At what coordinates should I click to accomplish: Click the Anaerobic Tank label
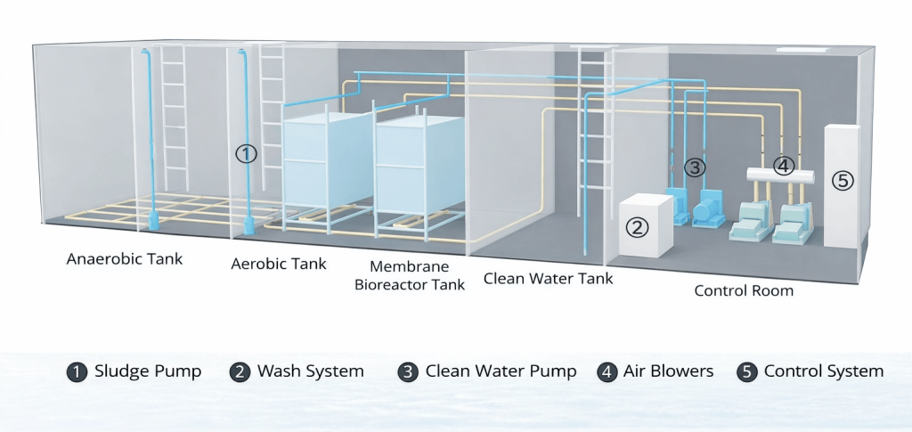pyautogui.click(x=125, y=259)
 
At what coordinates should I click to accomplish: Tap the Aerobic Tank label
pyautogui.click(x=279, y=264)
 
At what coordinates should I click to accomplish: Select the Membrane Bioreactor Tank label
pyautogui.click(x=410, y=275)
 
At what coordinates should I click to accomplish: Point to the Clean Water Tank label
pyautogui.click(x=548, y=279)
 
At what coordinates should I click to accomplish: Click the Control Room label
pyautogui.click(x=744, y=290)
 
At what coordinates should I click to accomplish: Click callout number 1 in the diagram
pyautogui.click(x=246, y=153)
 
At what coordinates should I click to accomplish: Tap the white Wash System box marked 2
pyautogui.click(x=645, y=227)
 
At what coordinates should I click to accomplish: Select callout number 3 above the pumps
pyautogui.click(x=695, y=167)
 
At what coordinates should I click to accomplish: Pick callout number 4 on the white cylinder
pyautogui.click(x=783, y=165)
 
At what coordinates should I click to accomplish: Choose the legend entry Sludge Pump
pyautogui.click(x=134, y=371)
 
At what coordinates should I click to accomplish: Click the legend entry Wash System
pyautogui.click(x=297, y=371)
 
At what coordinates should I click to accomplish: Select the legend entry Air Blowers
pyautogui.click(x=656, y=371)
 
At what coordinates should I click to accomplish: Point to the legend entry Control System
pyautogui.click(x=810, y=371)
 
